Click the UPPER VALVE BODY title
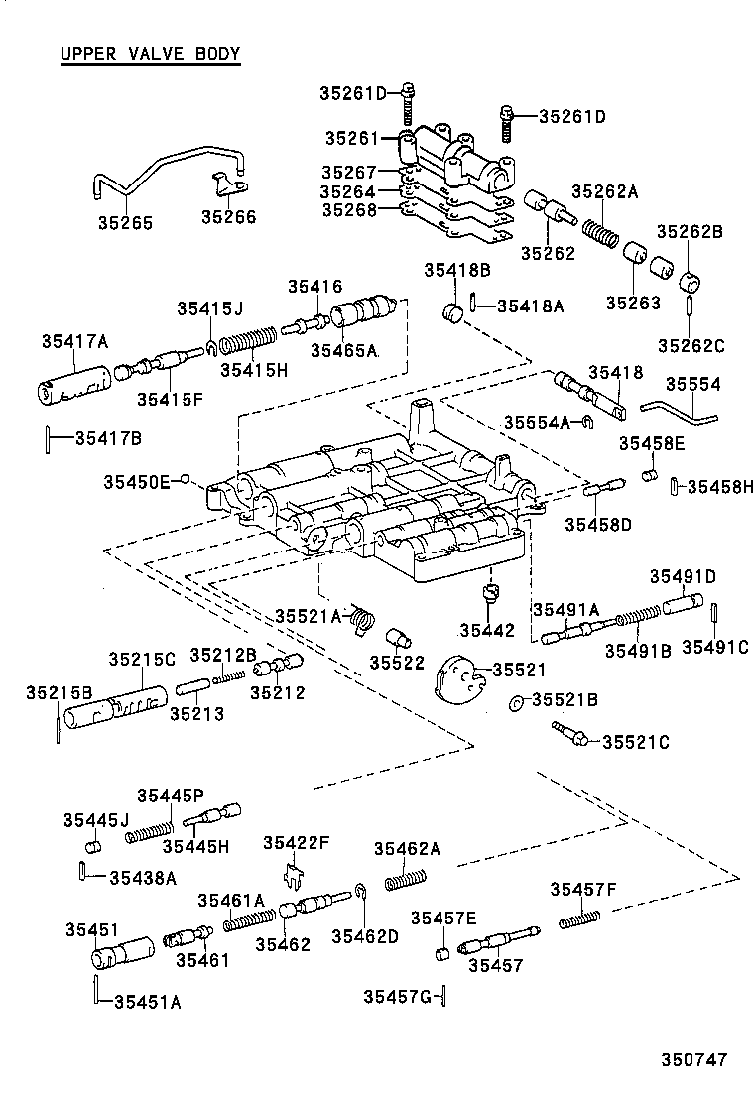point(150,54)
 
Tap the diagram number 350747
point(694,1059)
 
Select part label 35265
point(124,223)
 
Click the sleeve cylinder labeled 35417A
point(75,383)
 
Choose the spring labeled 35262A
point(601,235)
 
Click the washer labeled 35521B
point(518,703)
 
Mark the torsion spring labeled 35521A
point(364,619)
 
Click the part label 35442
point(487,630)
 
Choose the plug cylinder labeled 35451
point(117,954)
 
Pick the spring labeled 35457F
point(580,918)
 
